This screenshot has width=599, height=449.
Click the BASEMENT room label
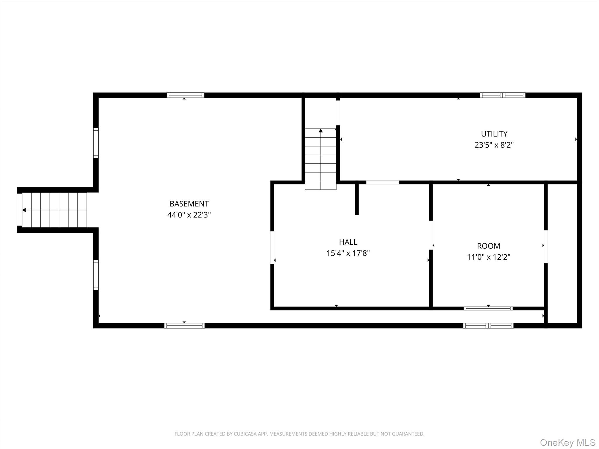click(189, 204)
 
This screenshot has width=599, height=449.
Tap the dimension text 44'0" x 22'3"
click(189, 215)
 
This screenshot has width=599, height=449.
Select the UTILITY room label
click(494, 134)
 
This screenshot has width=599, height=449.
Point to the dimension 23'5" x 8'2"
click(494, 145)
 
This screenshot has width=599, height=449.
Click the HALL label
click(348, 242)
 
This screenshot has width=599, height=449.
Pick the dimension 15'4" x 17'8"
click(348, 253)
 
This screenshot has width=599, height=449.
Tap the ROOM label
click(488, 246)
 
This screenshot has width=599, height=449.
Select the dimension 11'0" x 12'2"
click(488, 257)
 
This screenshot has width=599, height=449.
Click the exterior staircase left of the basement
click(55, 210)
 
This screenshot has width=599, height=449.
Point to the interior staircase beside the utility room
click(321, 159)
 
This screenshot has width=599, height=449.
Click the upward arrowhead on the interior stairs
click(321, 131)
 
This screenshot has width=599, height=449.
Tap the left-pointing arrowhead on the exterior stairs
click(24, 210)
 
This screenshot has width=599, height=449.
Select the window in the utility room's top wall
click(502, 95)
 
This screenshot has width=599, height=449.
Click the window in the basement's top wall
click(185, 95)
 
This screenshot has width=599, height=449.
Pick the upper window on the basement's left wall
click(96, 143)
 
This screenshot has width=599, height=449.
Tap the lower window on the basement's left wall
click(96, 275)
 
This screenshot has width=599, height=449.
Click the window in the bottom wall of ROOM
click(488, 308)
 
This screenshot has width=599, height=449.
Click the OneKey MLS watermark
click(568, 442)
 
